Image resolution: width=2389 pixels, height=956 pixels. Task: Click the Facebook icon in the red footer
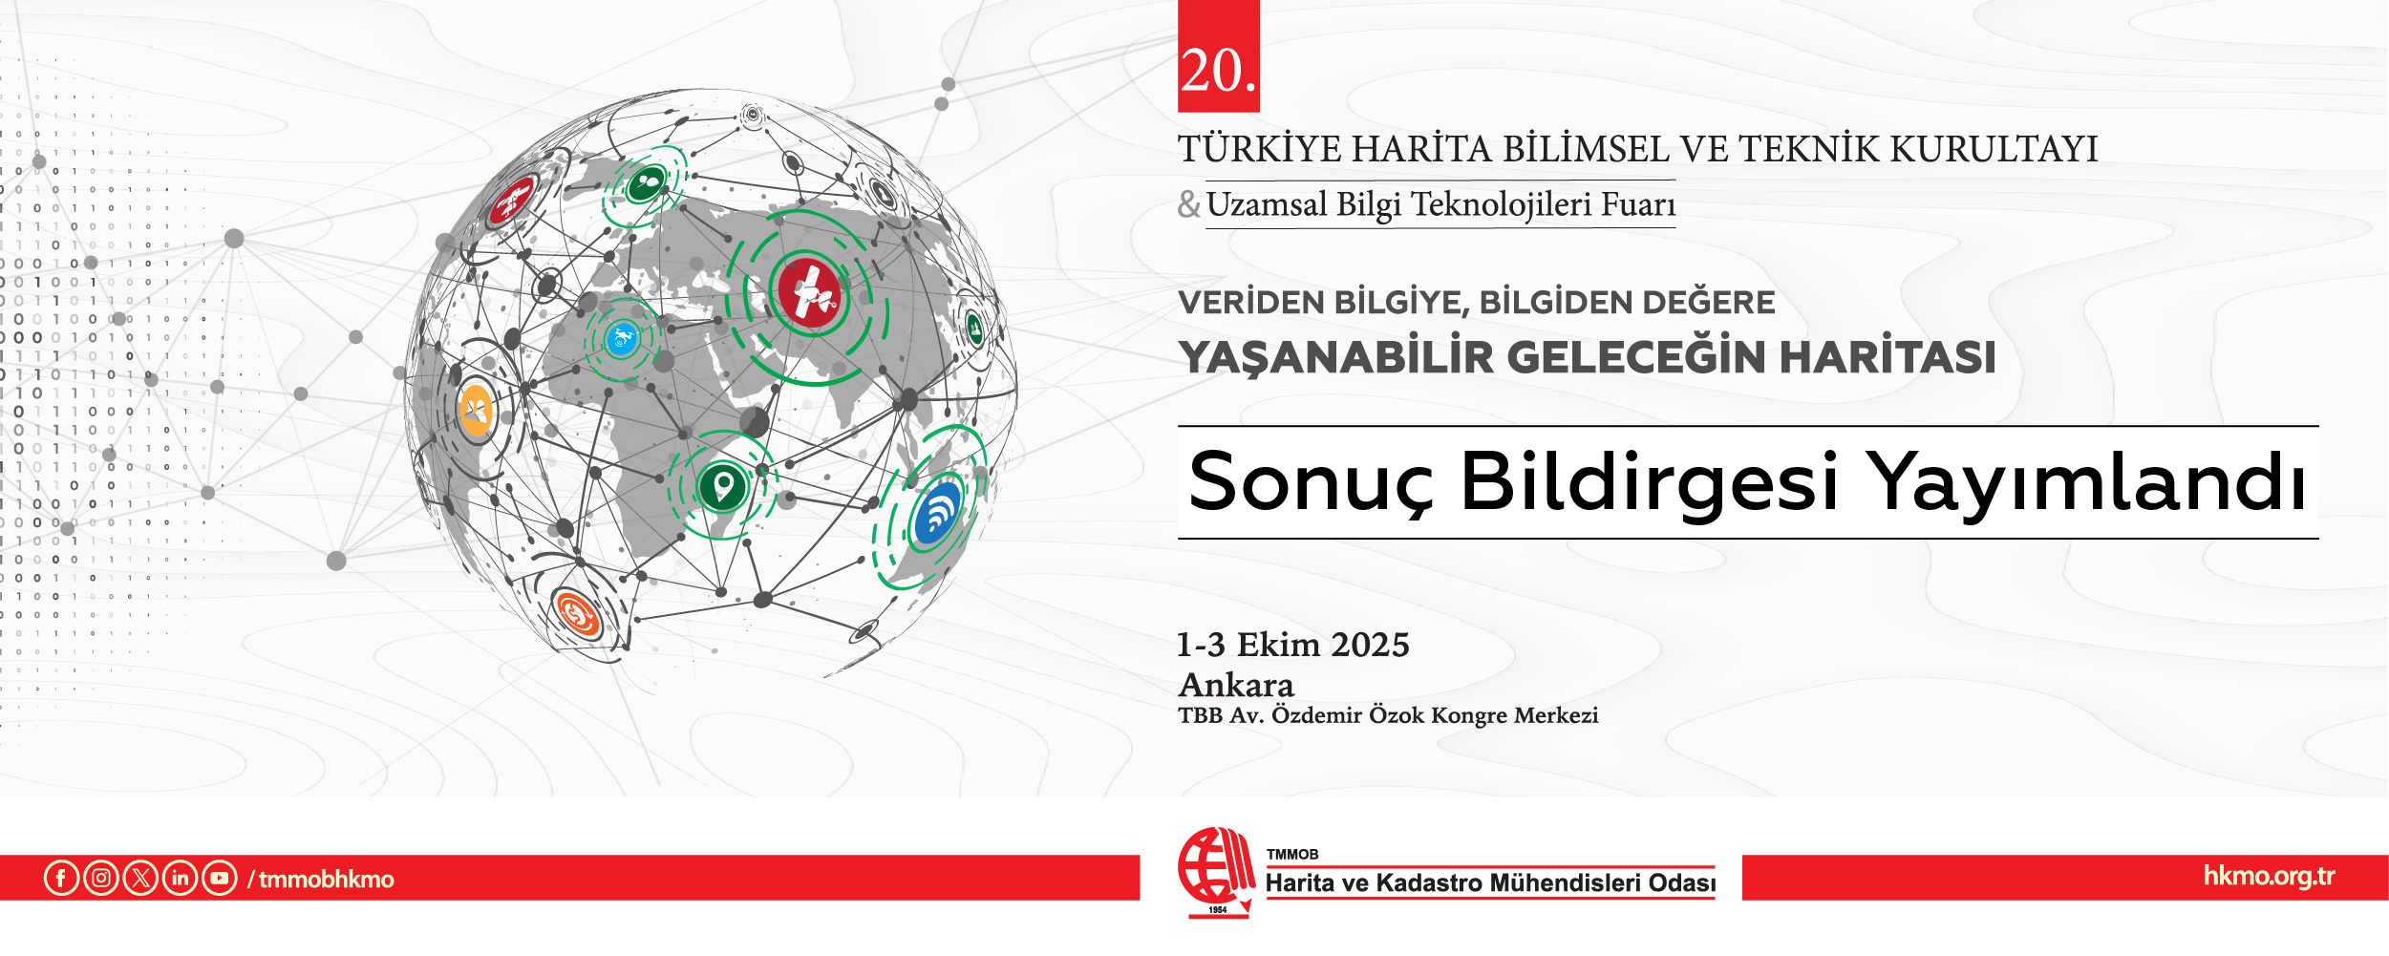click(x=61, y=878)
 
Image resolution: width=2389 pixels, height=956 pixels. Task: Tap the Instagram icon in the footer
click(x=101, y=878)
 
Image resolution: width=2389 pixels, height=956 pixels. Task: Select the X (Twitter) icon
click(x=140, y=878)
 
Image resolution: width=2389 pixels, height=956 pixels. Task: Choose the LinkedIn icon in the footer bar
click(x=181, y=878)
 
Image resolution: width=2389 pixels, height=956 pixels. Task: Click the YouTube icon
click(x=220, y=878)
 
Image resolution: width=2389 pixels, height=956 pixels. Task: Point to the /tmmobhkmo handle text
click(x=321, y=880)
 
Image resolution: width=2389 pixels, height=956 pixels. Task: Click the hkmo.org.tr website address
click(x=2269, y=877)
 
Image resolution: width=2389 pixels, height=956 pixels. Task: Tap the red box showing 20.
click(x=1218, y=57)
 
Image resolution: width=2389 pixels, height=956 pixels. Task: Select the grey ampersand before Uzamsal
click(x=1188, y=204)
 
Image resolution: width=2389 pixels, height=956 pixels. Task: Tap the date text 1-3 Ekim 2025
click(x=1292, y=646)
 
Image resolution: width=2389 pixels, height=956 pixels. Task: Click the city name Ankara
click(x=1236, y=686)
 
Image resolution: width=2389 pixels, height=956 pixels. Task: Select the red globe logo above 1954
click(x=1215, y=865)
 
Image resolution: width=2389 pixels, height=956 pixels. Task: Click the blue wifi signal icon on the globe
click(x=937, y=516)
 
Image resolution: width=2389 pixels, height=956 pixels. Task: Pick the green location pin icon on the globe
click(x=723, y=486)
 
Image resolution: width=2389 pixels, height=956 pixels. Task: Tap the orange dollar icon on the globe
click(x=577, y=613)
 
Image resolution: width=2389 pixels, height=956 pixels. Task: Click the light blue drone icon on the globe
click(x=622, y=339)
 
